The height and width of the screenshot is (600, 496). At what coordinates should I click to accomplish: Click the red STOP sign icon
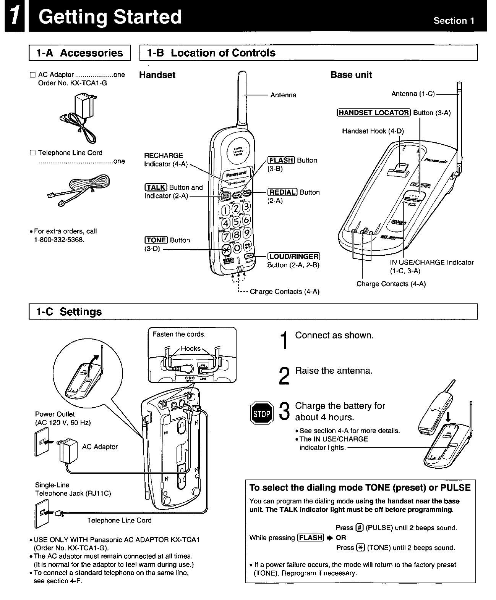click(x=261, y=413)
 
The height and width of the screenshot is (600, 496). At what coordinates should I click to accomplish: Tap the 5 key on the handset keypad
click(x=236, y=221)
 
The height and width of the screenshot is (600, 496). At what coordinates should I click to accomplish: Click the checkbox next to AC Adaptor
click(x=32, y=75)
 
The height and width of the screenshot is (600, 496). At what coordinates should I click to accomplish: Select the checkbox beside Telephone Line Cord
click(x=32, y=153)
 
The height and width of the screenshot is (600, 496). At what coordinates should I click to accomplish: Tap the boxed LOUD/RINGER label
click(x=293, y=256)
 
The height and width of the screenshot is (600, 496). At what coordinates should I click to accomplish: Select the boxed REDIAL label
click(x=282, y=192)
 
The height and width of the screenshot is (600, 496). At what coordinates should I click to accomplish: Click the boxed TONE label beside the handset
click(x=156, y=240)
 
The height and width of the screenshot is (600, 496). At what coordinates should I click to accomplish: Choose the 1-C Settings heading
click(x=69, y=312)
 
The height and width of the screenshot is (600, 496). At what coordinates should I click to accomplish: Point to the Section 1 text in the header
click(x=454, y=21)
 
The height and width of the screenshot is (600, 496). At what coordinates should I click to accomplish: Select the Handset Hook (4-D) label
click(x=373, y=131)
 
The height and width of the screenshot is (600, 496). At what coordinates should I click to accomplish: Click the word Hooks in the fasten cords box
click(x=190, y=348)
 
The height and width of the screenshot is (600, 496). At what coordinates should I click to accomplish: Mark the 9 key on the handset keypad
click(x=246, y=232)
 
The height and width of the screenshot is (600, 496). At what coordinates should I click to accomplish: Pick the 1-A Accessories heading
click(x=79, y=53)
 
